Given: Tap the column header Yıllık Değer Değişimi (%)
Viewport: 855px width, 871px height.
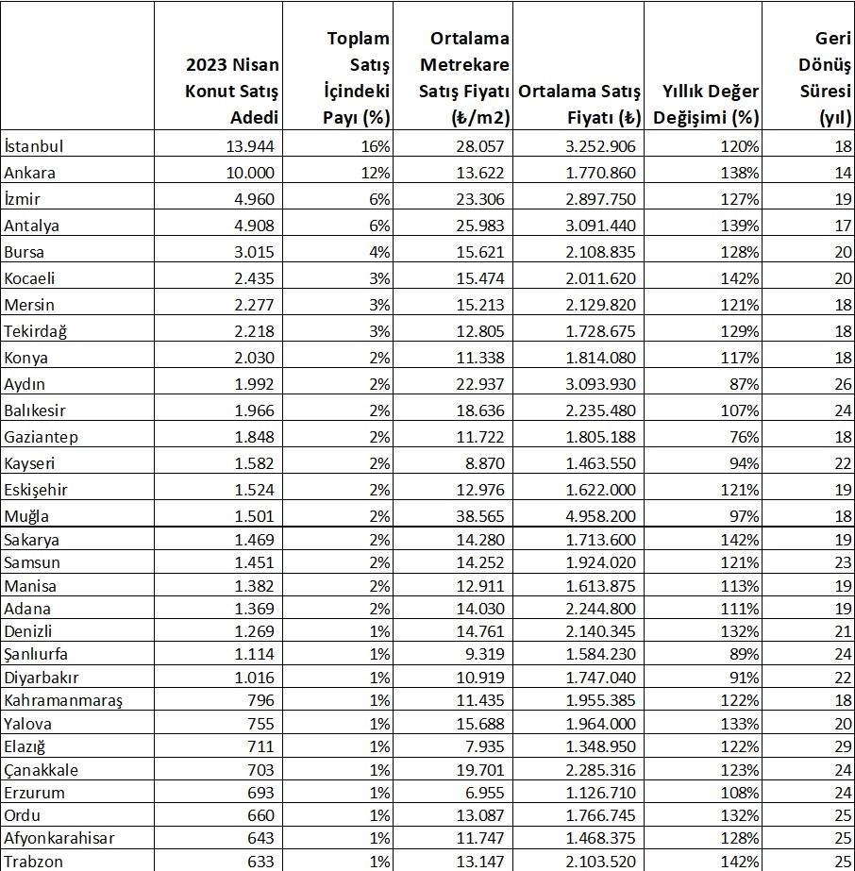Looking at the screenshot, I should [x=699, y=105].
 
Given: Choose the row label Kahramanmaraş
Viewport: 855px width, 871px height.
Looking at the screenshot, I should [x=63, y=701].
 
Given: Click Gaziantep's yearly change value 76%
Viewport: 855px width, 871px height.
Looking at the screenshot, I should [x=743, y=437].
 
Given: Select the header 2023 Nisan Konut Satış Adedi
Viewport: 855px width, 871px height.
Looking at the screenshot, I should [x=232, y=92].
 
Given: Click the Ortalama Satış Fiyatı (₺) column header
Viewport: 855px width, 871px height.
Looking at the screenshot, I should [x=579, y=105].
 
